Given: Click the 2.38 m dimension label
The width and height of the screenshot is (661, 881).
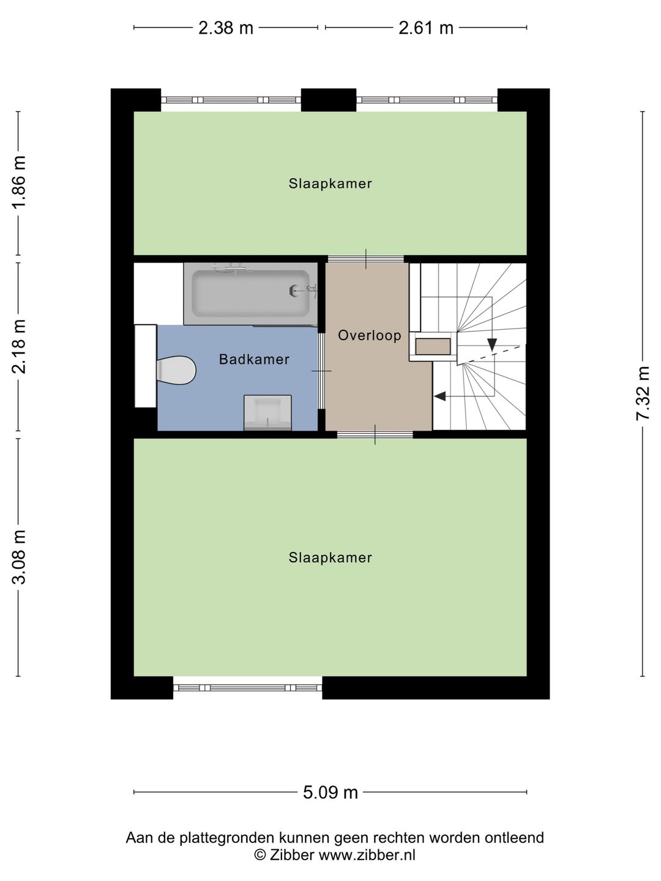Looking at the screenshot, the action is click(226, 28).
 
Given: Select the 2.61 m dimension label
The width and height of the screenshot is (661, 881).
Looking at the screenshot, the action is click(426, 28).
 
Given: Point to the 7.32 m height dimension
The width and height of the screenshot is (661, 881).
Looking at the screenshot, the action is click(643, 393).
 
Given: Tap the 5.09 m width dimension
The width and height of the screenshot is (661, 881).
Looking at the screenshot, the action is click(330, 793).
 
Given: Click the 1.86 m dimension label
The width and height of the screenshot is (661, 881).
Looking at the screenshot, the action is click(19, 182).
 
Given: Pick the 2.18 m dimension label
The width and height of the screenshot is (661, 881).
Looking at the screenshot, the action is click(19, 346).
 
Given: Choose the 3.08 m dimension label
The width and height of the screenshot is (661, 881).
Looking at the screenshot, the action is click(19, 557).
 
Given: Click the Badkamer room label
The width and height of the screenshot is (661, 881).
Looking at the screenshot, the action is click(254, 359).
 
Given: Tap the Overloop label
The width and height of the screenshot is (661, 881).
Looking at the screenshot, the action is click(370, 335).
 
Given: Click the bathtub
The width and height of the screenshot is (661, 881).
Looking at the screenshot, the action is click(250, 294).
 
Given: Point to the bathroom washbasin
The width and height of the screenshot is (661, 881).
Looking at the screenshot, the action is click(267, 412).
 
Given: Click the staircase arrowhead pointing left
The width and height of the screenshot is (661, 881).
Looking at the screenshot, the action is click(440, 396).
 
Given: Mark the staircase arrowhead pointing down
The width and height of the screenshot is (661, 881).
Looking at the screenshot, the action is click(492, 344).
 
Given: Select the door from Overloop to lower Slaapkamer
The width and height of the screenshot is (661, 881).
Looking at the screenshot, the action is click(375, 434).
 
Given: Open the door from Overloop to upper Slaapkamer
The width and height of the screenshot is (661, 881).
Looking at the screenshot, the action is click(366, 259).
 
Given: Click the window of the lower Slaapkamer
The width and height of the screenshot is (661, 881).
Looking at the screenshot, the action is click(248, 688).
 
